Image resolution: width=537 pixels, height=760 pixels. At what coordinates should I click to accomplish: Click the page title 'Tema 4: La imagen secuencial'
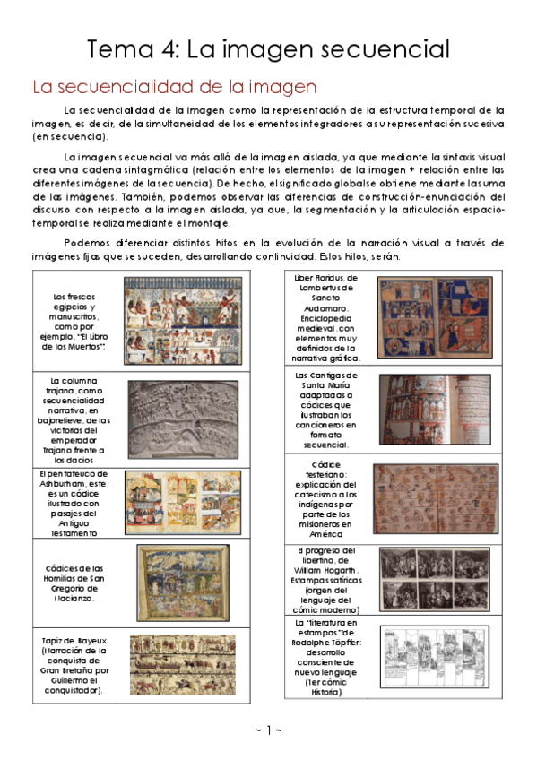268,48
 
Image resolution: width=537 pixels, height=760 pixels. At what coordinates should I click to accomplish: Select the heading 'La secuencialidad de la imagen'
175,87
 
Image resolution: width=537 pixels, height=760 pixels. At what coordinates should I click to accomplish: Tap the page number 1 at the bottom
268,730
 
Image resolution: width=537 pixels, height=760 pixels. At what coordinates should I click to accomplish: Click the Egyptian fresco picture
183,321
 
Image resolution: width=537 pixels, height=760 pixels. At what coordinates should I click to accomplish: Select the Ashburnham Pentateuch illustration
182,502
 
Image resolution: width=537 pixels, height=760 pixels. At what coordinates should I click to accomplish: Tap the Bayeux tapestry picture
183,666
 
